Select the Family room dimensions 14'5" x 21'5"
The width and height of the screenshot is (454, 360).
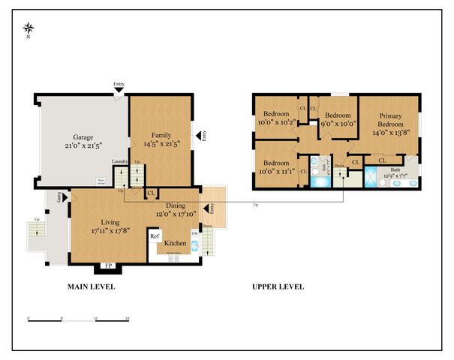click(160, 143)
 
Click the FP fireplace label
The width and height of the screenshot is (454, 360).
click(107, 265)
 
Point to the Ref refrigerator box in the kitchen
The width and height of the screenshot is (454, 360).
click(155, 237)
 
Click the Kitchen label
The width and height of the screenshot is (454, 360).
click(175, 244)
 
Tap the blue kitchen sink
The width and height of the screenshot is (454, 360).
click(194, 244)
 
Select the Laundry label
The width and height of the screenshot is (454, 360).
click(120, 161)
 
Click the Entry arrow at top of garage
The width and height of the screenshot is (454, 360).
click(119, 90)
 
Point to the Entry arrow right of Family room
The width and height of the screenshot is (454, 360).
click(200, 136)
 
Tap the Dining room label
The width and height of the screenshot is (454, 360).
click(176, 205)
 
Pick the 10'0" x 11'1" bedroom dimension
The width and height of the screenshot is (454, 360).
click(275, 172)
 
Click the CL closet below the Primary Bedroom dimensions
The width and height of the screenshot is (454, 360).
click(382, 160)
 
